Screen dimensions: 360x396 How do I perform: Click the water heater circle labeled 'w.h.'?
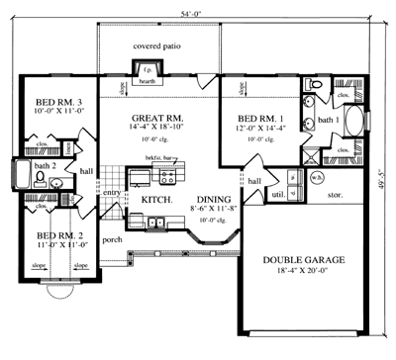(317, 178)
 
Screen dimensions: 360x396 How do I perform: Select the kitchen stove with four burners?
(167, 179)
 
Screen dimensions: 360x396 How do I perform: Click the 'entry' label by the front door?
(111, 192)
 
